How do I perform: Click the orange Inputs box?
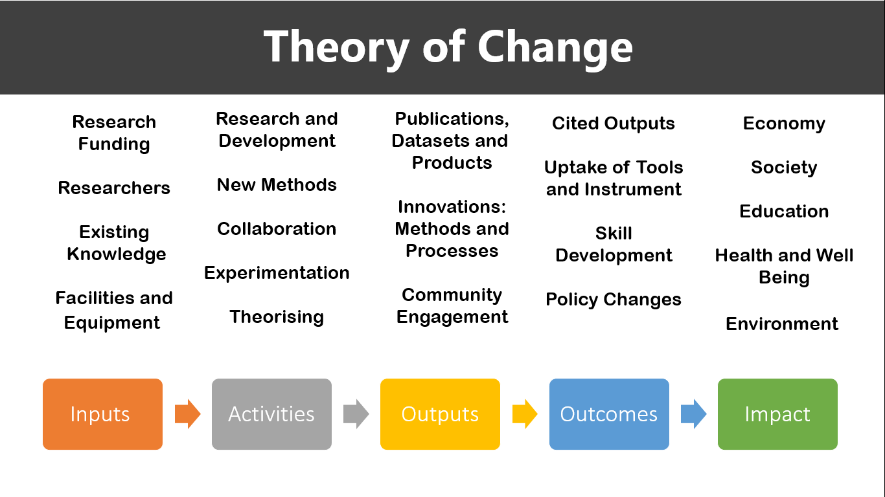point(103,414)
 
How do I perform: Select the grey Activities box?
point(271,414)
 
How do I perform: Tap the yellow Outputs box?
point(440,414)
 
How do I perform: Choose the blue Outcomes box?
point(609,414)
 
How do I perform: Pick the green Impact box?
point(777,414)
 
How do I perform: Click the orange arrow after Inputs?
point(188,414)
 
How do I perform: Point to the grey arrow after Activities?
point(356,414)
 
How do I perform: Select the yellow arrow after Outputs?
point(525,414)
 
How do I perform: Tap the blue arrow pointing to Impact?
point(694,414)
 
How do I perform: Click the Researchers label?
point(114,188)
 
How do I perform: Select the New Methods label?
point(277,184)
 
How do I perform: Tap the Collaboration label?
point(277,229)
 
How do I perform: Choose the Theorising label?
point(277,317)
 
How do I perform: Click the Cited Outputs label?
point(613,124)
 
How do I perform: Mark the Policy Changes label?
point(613,300)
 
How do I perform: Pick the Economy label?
point(784,124)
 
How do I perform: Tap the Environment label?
point(782,324)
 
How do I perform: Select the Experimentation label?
point(277,273)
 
